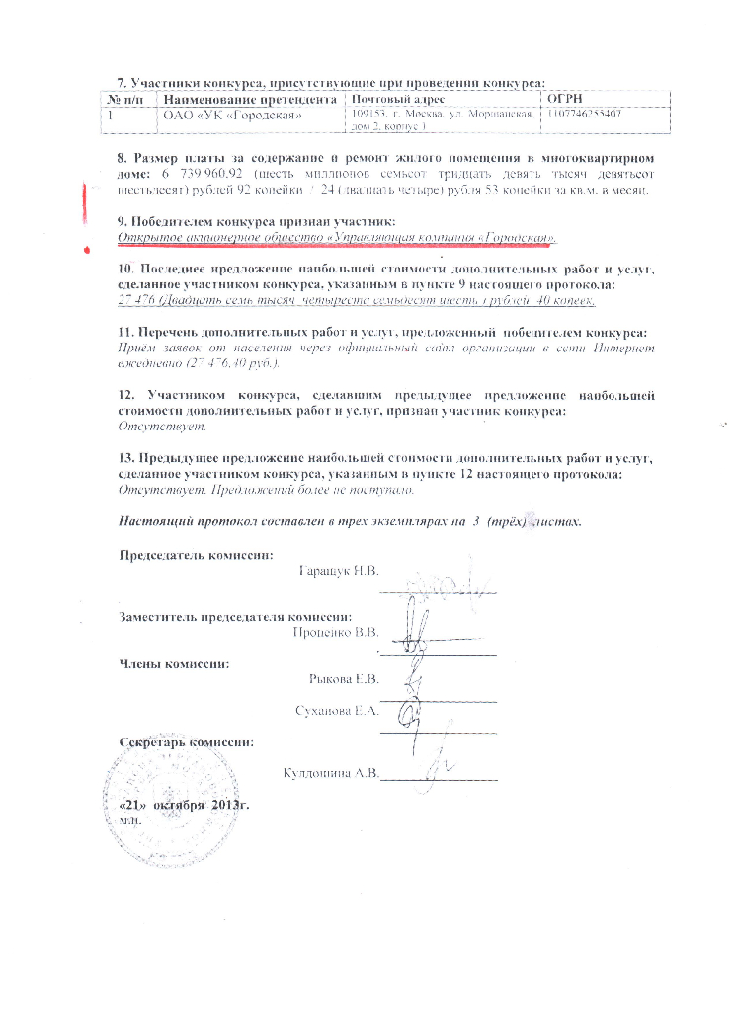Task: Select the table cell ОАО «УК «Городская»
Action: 231,117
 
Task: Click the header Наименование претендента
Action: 249,100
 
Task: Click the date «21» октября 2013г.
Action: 184,805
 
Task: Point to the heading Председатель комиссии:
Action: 197,555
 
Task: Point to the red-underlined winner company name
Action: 337,239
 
